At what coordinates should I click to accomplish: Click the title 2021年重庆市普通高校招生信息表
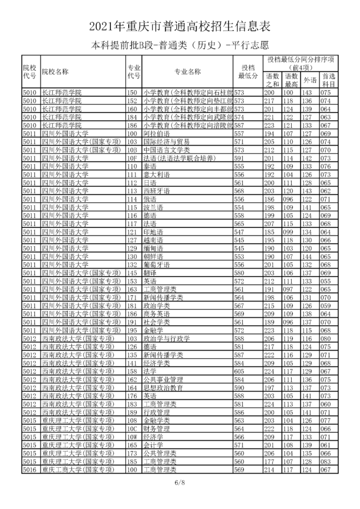point(180,25)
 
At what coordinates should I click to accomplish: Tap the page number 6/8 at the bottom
point(180,482)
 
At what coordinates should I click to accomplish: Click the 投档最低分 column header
point(248,72)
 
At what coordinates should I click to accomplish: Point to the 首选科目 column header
point(329,80)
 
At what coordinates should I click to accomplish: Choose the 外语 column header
point(310,80)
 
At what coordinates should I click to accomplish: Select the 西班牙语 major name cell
point(155,190)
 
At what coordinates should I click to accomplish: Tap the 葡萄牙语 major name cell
point(155,265)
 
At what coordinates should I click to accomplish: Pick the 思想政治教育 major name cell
point(163,388)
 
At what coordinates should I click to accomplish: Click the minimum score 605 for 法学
point(239,372)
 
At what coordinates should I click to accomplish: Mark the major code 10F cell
point(132,158)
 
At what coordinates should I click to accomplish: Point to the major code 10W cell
point(132,437)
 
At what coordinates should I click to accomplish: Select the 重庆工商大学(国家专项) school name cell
point(76,470)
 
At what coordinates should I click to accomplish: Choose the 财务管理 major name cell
point(155,429)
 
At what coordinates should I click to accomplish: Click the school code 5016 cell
point(30,470)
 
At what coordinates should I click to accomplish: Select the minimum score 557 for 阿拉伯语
point(239,133)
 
